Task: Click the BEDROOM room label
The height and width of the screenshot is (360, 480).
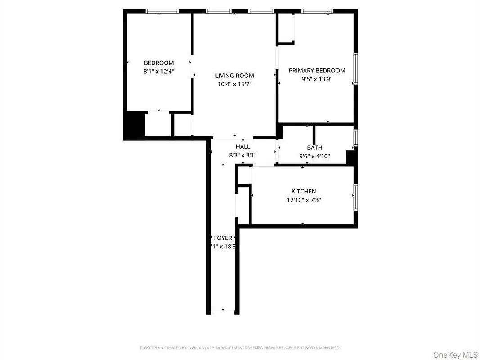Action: pos(158,63)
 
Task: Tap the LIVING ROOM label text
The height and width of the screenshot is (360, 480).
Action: pos(234,76)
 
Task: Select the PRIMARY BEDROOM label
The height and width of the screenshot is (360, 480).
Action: pos(317,71)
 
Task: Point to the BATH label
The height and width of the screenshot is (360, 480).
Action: pos(314,148)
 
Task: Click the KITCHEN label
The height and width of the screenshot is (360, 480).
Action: pos(304,192)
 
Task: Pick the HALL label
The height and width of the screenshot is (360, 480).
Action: pos(243,147)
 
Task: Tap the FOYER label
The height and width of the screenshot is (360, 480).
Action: pos(223,238)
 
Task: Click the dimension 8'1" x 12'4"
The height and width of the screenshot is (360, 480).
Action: pos(158,71)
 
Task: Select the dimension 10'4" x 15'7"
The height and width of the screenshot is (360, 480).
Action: pos(234,84)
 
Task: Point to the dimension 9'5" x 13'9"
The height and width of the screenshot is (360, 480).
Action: pos(317,79)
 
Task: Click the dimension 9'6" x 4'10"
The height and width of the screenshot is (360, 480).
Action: pos(314,156)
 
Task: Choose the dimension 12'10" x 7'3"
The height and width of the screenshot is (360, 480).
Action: pos(304,200)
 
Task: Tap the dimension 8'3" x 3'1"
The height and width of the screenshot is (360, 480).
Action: pos(243,155)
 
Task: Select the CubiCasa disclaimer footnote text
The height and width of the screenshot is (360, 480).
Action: pos(240,348)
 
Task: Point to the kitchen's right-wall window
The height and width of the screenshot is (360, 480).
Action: pos(355,198)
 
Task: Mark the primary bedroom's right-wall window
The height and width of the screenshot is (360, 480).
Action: pos(355,68)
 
